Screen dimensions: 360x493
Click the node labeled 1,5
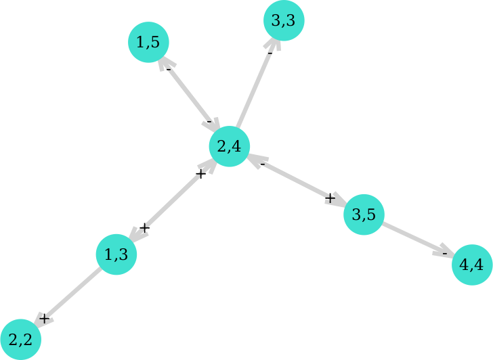148,42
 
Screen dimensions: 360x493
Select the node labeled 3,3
284,21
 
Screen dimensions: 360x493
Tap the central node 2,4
230,146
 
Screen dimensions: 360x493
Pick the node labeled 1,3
116,254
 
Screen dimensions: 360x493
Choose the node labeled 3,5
364,215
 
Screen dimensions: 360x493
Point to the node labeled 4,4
472,265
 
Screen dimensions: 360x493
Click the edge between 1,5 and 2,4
189,94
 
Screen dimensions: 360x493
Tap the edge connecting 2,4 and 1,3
173,200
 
